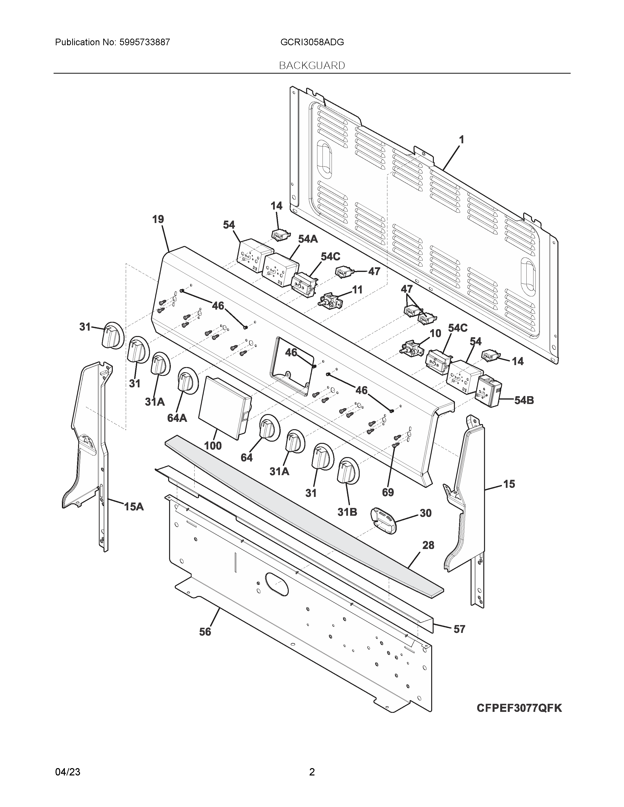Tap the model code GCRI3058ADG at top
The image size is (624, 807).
click(312, 42)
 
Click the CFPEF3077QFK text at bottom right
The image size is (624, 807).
click(519, 708)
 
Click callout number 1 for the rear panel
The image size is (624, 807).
click(461, 140)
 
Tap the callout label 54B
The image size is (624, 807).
click(524, 400)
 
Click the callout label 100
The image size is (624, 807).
click(213, 446)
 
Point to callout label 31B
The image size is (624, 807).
click(347, 512)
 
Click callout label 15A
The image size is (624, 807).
click(134, 507)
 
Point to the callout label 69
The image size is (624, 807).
click(388, 492)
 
